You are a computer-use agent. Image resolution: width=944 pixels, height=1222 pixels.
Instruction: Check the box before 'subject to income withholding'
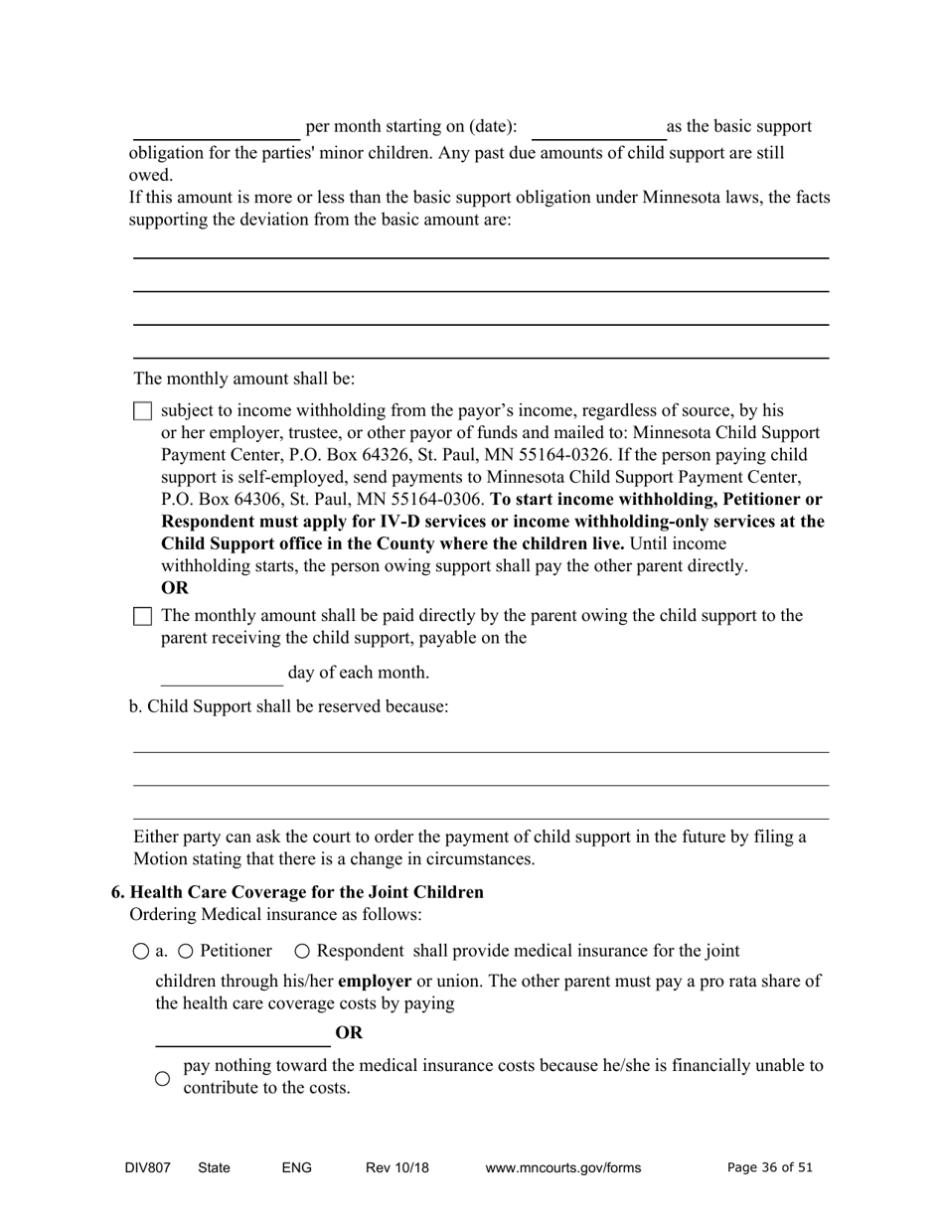coord(142,411)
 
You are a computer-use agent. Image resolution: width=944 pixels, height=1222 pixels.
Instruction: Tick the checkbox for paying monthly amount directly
coord(142,617)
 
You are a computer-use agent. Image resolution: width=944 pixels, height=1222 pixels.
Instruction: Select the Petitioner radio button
coord(186,952)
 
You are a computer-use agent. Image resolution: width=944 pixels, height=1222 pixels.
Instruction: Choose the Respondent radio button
coord(303,952)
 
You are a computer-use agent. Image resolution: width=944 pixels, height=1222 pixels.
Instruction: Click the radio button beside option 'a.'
coord(141,952)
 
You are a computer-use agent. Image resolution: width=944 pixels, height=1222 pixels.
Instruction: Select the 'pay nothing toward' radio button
coord(163,1079)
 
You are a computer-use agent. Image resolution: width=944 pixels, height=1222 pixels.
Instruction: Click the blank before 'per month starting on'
coord(217,128)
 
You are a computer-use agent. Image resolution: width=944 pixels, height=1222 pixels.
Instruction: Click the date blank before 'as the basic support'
coord(597,128)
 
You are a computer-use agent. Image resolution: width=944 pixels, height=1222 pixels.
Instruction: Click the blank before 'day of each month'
coord(222,674)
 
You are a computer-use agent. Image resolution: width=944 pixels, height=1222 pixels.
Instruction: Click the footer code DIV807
coord(148,1168)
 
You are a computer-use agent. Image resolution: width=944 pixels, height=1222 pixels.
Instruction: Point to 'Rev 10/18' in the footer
coord(397,1168)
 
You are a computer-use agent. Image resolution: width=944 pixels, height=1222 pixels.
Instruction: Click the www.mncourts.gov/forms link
coord(563,1168)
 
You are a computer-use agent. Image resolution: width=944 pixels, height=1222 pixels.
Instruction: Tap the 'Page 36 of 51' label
coord(770,1168)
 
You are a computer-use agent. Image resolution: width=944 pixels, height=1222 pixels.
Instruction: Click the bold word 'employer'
coord(375,982)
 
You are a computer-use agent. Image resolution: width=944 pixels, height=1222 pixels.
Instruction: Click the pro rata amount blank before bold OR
coord(242,1034)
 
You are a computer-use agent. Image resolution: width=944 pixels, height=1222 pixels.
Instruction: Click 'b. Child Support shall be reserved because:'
coord(289,706)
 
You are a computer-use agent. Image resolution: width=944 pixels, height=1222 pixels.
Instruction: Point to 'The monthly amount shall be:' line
coord(244,380)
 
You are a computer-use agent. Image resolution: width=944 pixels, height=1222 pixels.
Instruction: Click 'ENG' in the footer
coord(297,1168)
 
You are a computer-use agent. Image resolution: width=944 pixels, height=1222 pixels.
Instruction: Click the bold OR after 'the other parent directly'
coord(175,588)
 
